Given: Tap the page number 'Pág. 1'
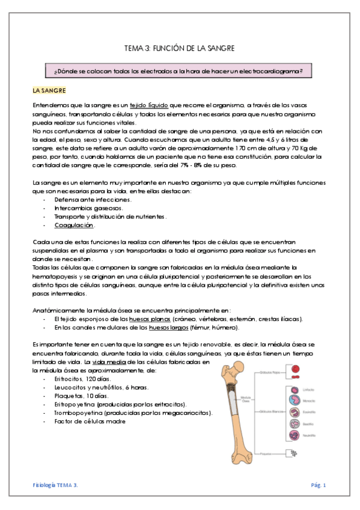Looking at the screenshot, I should tap(319, 485).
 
